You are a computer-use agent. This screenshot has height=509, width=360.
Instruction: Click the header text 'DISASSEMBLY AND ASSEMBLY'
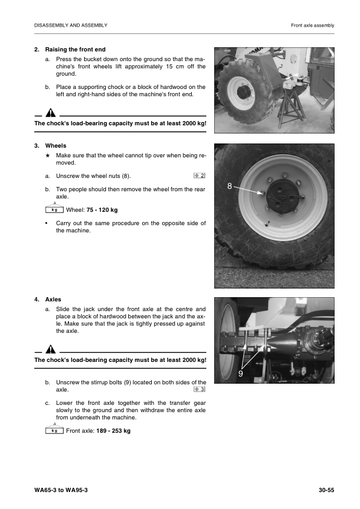point(71,25)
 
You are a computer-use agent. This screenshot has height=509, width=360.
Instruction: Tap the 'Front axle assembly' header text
point(312,25)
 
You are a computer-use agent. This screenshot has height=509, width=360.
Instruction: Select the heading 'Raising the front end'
point(75,50)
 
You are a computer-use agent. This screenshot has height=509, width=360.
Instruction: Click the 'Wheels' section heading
point(56,145)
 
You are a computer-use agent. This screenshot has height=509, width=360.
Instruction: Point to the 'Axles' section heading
point(53,300)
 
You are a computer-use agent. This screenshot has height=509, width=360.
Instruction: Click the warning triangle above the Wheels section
point(50,113)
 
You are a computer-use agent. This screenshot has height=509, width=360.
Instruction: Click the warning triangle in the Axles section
point(50,349)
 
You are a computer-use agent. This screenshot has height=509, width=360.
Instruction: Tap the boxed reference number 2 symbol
point(199,176)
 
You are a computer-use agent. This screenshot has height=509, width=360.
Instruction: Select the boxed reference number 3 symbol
point(199,389)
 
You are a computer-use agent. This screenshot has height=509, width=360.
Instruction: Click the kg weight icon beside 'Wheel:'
point(54,209)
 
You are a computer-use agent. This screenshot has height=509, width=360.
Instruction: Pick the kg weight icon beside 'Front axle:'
point(54,430)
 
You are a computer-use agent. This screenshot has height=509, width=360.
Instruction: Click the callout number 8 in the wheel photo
point(229,186)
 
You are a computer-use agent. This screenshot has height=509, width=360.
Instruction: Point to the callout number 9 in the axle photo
point(241,373)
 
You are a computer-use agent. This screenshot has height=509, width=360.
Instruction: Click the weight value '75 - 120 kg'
point(102,209)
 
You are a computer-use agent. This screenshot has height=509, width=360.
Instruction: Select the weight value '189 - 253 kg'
point(113,431)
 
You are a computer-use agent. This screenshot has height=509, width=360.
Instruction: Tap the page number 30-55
point(326,490)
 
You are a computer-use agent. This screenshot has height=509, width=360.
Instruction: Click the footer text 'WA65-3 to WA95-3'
point(61,490)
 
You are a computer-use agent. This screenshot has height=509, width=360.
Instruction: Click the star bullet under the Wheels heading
point(47,156)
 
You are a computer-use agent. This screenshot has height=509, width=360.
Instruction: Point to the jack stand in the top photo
point(290,105)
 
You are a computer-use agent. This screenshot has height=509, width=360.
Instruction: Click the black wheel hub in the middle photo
point(283,195)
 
